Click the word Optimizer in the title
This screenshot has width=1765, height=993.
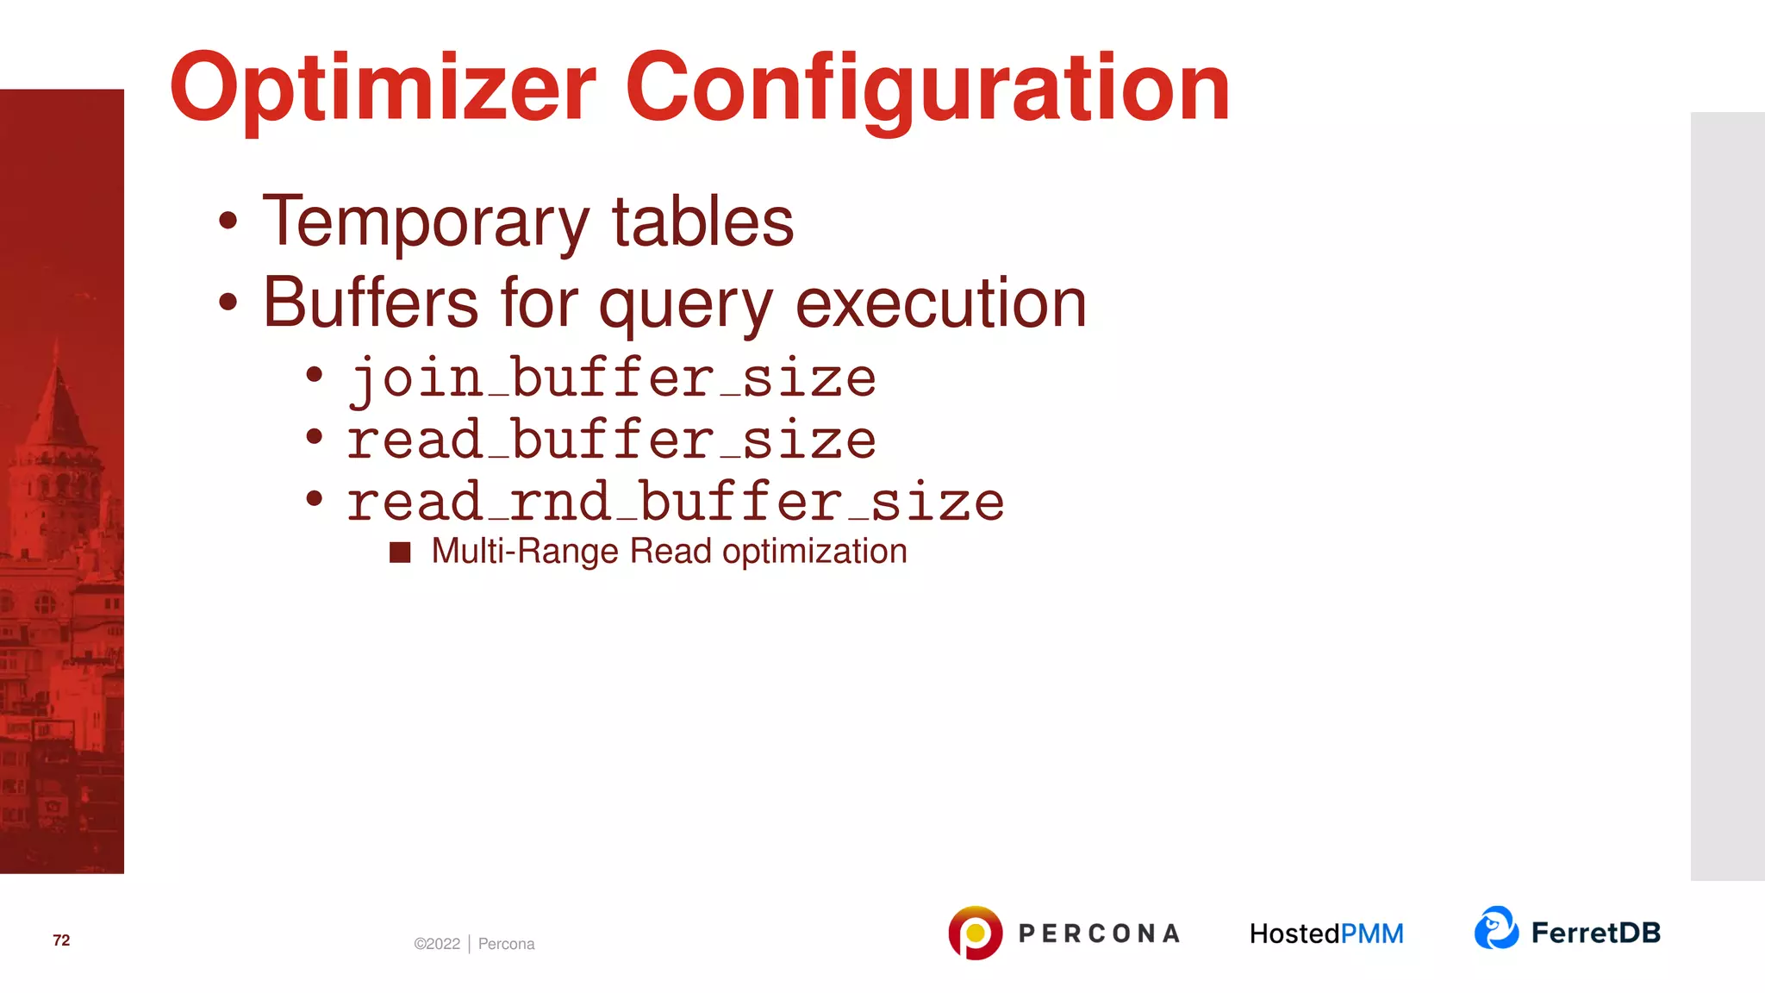tap(382, 89)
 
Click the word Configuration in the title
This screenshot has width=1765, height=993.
tap(927, 89)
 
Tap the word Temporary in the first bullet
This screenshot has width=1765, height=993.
tap(426, 222)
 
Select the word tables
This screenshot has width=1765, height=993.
tap(702, 222)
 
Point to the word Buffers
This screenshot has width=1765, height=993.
tap(371, 303)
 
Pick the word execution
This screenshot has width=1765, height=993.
tap(940, 303)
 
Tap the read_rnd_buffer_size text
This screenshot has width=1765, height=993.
tap(676, 503)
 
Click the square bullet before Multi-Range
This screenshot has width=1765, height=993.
tap(400, 553)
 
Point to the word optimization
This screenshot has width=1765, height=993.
tap(814, 553)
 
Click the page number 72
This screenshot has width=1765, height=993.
tap(61, 940)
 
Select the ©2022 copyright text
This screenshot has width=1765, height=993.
tap(437, 944)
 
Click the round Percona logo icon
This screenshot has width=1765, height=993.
tap(975, 933)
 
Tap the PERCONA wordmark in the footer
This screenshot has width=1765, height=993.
tap(1099, 934)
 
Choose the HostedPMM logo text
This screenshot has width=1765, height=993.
tap(1326, 934)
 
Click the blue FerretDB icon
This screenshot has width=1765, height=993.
tap(1496, 928)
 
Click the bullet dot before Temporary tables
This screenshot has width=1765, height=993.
tap(228, 221)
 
